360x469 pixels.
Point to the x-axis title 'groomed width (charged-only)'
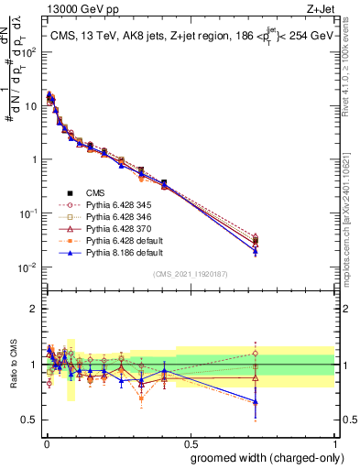point(263,456)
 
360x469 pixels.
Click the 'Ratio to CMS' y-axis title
point(12,365)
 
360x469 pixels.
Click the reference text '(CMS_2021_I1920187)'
point(191,274)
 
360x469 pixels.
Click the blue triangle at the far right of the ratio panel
point(255,401)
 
